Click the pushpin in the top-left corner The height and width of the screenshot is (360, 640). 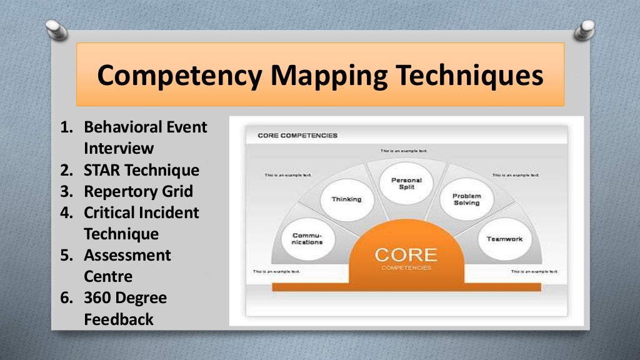[x=57, y=29]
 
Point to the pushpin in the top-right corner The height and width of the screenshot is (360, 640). [x=586, y=28]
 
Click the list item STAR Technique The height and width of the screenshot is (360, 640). [x=141, y=170]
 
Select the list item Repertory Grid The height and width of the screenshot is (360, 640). [x=138, y=191]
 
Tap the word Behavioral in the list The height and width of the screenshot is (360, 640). [x=124, y=127]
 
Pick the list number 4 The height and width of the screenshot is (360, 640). [x=66, y=212]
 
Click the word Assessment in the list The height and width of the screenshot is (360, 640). [x=127, y=255]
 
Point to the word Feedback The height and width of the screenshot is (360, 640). [x=119, y=319]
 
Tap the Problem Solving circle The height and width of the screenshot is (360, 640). [x=466, y=199]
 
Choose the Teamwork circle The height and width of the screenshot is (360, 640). [x=504, y=239]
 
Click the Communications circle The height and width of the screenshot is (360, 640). [x=307, y=239]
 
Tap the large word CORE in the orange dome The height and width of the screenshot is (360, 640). [x=406, y=255]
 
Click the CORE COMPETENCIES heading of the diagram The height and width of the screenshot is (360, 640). [x=297, y=136]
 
